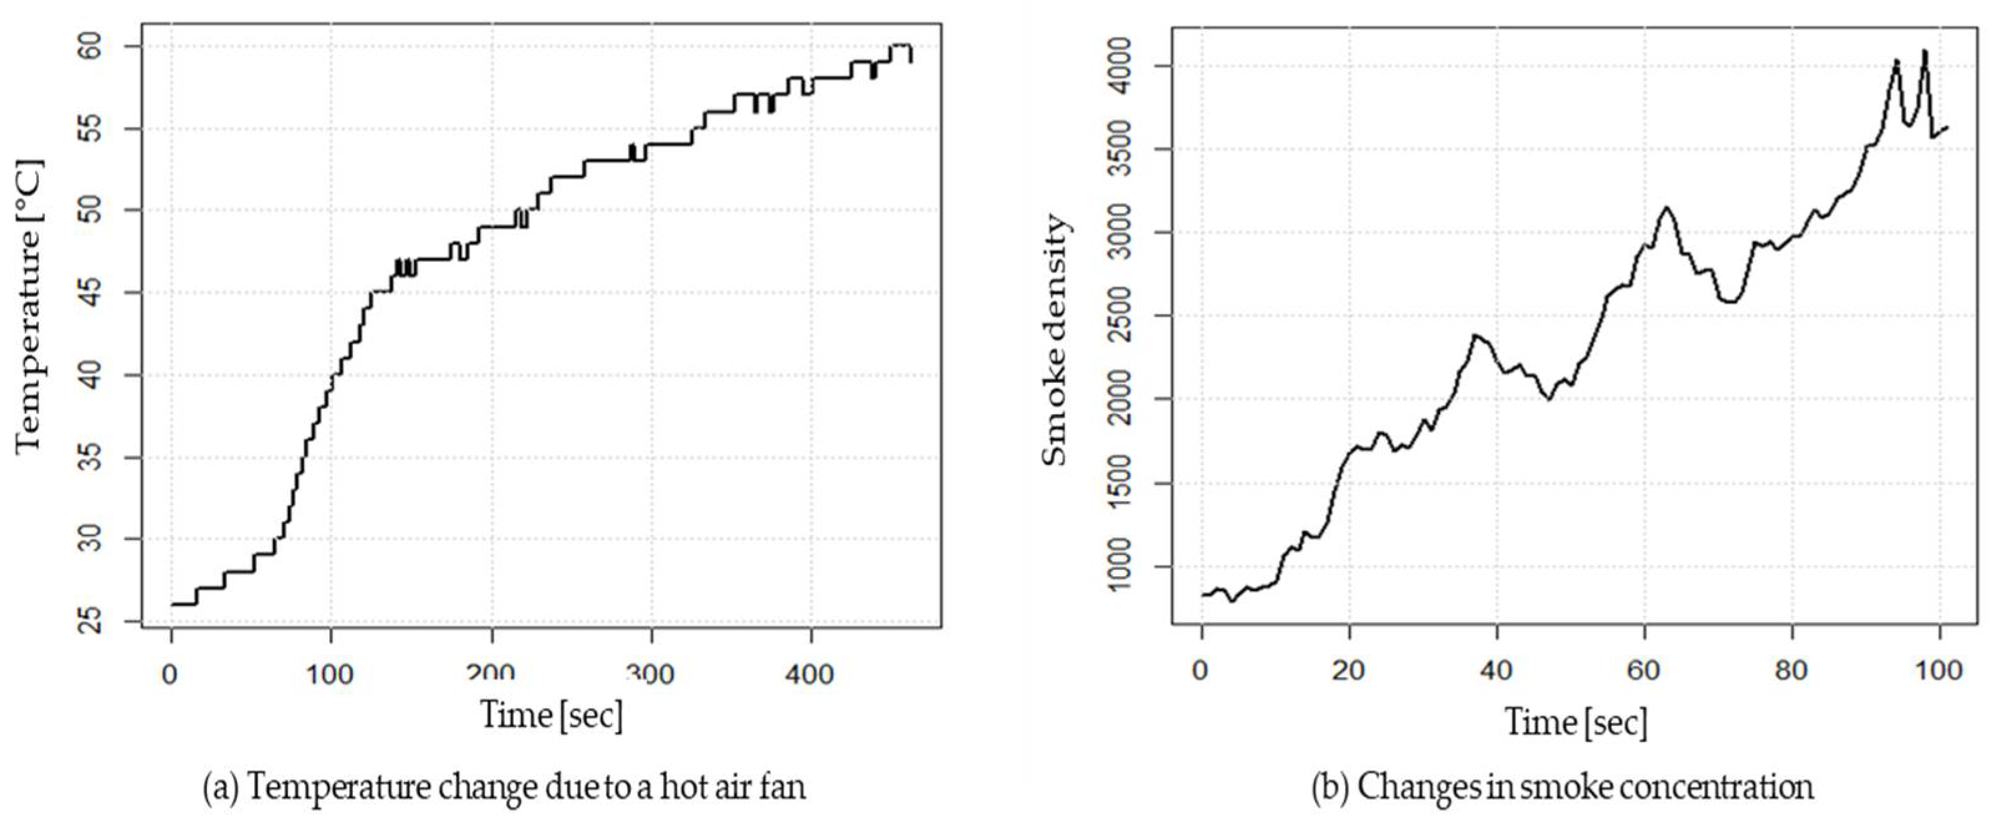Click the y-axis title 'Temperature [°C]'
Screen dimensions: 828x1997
coord(29,306)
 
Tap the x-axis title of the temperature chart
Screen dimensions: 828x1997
coord(552,715)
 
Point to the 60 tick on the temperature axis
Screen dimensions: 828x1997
coord(92,47)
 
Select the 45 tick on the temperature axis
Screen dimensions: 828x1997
coord(92,293)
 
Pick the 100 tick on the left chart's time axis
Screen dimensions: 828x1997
coord(330,675)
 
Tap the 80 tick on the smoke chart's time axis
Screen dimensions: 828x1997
coord(1791,670)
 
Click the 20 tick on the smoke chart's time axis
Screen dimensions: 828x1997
coord(1349,670)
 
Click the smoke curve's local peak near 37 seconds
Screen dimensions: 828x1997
coord(1475,335)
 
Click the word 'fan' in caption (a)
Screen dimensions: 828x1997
coord(783,787)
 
